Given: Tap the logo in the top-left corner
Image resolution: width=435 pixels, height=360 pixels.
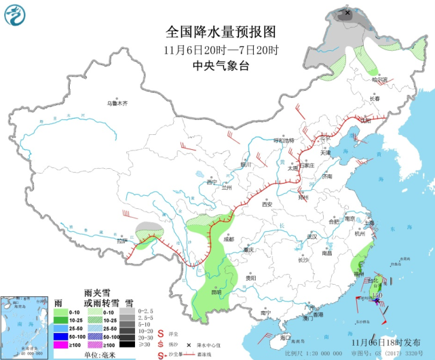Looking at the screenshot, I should click(16, 16).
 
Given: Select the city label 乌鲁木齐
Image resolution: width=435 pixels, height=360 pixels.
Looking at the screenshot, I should click(116, 104).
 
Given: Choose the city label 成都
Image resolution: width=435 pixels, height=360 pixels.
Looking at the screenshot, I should click(228, 239).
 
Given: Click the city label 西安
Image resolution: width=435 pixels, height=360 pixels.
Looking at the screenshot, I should click(267, 204).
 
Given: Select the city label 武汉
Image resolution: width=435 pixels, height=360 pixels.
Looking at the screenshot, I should click(311, 237).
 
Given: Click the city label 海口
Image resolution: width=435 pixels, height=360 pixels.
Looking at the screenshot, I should click(286, 337).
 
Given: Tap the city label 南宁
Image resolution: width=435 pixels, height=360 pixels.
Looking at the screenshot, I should click(266, 313).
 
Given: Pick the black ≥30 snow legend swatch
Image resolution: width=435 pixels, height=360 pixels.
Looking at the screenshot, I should click(124, 345).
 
